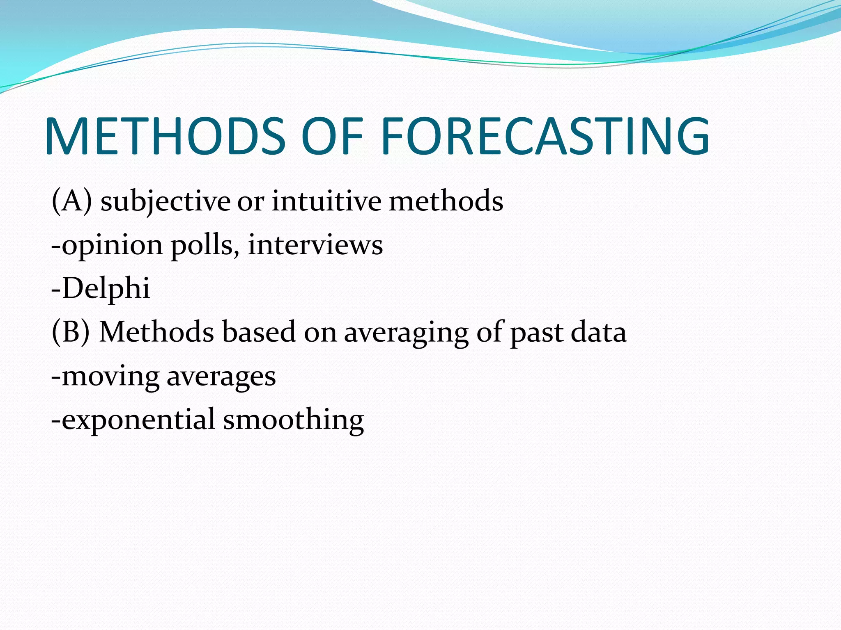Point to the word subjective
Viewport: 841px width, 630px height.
(165, 202)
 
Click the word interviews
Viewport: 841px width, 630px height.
(315, 245)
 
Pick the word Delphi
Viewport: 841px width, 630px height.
(106, 289)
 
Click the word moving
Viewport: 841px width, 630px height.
(110, 377)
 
